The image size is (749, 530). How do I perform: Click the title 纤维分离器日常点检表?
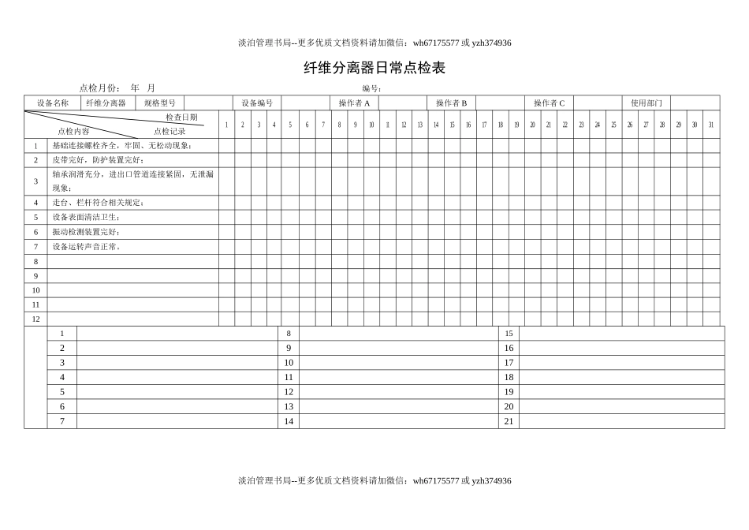(x=374, y=69)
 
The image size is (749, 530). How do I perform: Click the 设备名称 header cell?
(x=52, y=103)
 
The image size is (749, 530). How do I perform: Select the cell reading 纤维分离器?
(x=106, y=103)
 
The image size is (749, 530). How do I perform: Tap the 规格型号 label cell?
(x=159, y=103)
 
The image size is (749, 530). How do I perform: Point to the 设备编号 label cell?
(x=257, y=103)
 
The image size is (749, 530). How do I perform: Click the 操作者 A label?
(x=354, y=103)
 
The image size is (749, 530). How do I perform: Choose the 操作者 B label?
(x=451, y=103)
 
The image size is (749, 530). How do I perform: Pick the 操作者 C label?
(x=549, y=103)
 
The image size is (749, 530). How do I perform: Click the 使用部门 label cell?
(x=647, y=103)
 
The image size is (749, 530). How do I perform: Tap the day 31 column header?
(x=710, y=125)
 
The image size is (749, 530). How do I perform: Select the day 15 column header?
(x=452, y=125)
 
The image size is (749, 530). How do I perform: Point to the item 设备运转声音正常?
(x=87, y=247)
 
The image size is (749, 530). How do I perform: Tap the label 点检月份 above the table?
(x=99, y=88)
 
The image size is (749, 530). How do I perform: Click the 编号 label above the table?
(x=372, y=88)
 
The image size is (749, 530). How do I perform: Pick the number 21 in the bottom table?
(x=509, y=421)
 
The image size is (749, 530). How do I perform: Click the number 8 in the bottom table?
(x=289, y=334)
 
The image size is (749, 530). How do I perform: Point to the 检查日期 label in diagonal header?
(x=181, y=117)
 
